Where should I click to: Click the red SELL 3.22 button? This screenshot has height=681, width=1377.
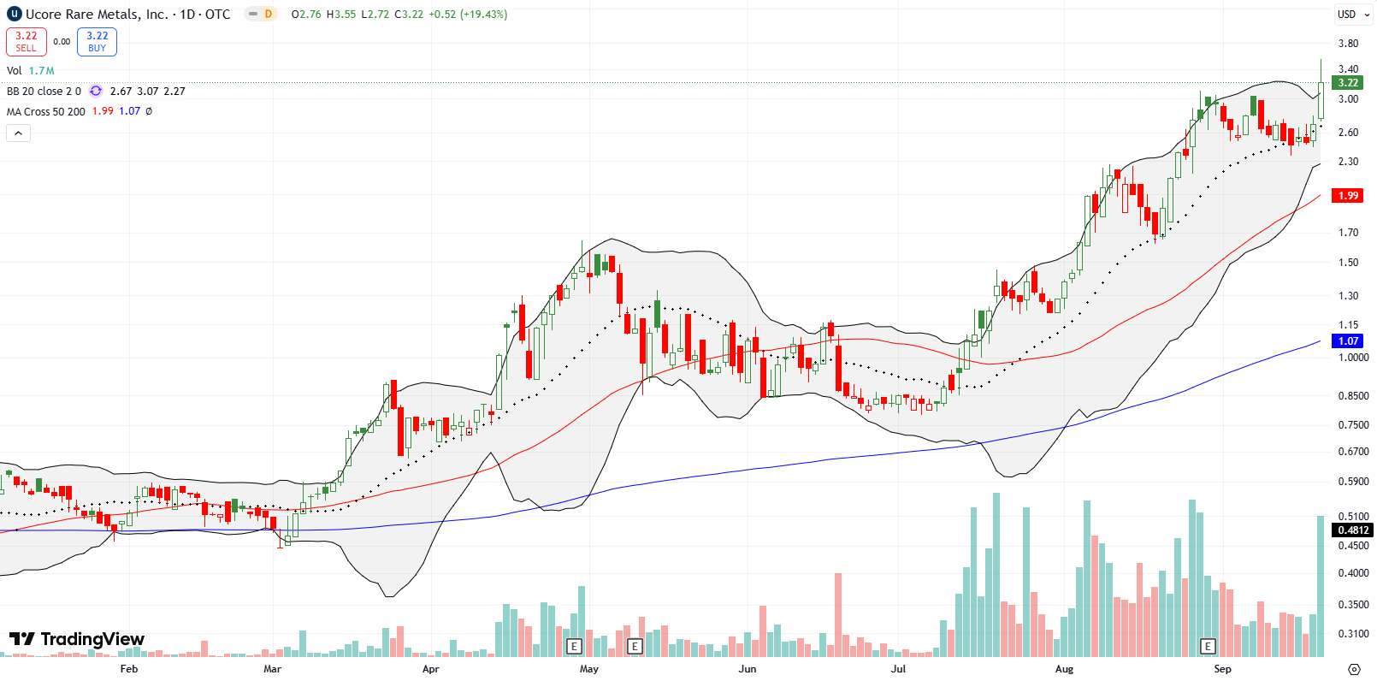click(26, 41)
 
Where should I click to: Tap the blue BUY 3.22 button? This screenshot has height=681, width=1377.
click(97, 41)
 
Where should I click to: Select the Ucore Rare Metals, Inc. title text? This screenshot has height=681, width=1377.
click(97, 15)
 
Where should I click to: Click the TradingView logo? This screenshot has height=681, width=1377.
click(77, 639)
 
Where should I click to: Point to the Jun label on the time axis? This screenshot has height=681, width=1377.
click(748, 669)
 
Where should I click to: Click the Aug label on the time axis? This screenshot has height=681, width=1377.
click(1064, 669)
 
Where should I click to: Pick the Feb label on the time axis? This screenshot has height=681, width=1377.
click(129, 669)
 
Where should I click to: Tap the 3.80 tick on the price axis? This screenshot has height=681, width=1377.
click(1348, 44)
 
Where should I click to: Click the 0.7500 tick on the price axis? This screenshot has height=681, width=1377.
click(1353, 425)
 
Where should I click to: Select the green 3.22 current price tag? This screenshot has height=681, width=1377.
click(1348, 83)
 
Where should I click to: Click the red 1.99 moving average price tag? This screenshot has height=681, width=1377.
click(1348, 196)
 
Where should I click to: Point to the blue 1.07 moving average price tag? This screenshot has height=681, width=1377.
click(1348, 340)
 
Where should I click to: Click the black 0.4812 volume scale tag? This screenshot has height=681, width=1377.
click(1353, 530)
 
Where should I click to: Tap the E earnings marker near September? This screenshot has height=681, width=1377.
click(1208, 646)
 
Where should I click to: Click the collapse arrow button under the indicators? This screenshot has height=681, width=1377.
click(18, 133)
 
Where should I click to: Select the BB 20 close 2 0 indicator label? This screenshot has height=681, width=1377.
click(44, 92)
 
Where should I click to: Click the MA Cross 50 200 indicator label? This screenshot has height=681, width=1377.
click(46, 112)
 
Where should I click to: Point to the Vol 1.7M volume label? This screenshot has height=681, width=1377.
click(30, 71)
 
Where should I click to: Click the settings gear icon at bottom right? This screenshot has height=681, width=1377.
click(1354, 669)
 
